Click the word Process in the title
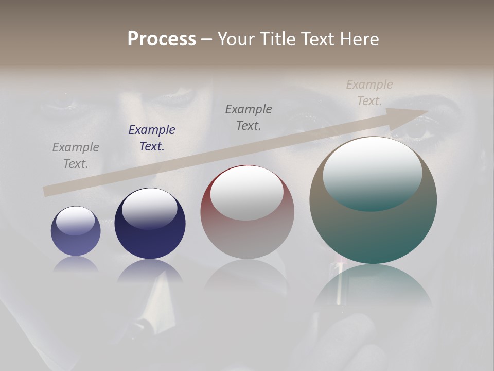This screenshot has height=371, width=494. (162, 39)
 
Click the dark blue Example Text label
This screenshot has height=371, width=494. (152, 138)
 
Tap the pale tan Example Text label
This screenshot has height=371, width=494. (369, 93)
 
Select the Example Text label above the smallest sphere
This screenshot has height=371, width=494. (76, 156)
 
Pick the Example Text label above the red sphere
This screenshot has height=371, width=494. (249, 117)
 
